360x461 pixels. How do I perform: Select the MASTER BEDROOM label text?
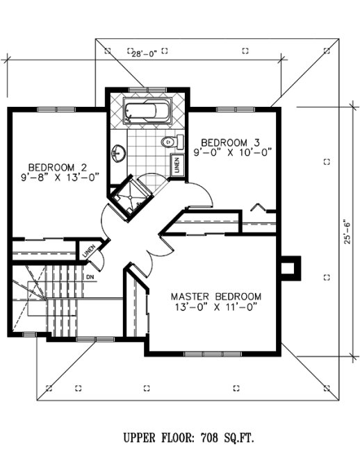216,296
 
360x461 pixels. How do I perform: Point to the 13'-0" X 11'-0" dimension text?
216,306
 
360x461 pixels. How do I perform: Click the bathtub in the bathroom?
147,112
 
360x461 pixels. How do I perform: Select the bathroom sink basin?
117,152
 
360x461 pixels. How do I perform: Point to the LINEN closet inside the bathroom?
177,165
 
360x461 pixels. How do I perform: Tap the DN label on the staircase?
90,277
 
